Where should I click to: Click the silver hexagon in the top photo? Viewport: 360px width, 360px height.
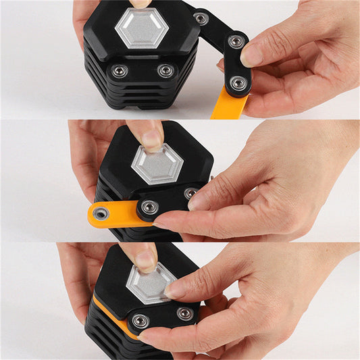(141, 28)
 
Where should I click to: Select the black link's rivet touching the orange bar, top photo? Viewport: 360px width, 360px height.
(237, 83)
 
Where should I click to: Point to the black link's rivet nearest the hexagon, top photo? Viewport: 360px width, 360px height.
(201, 18)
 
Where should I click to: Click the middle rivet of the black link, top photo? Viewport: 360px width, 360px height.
(236, 41)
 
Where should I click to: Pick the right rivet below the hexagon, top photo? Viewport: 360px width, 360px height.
(165, 70)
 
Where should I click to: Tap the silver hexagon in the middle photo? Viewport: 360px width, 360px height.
(157, 165)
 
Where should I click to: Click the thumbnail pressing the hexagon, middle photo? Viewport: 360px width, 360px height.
(152, 139)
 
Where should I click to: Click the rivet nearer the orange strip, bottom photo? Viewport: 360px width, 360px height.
(140, 321)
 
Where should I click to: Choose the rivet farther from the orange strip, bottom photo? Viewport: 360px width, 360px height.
(184, 314)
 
